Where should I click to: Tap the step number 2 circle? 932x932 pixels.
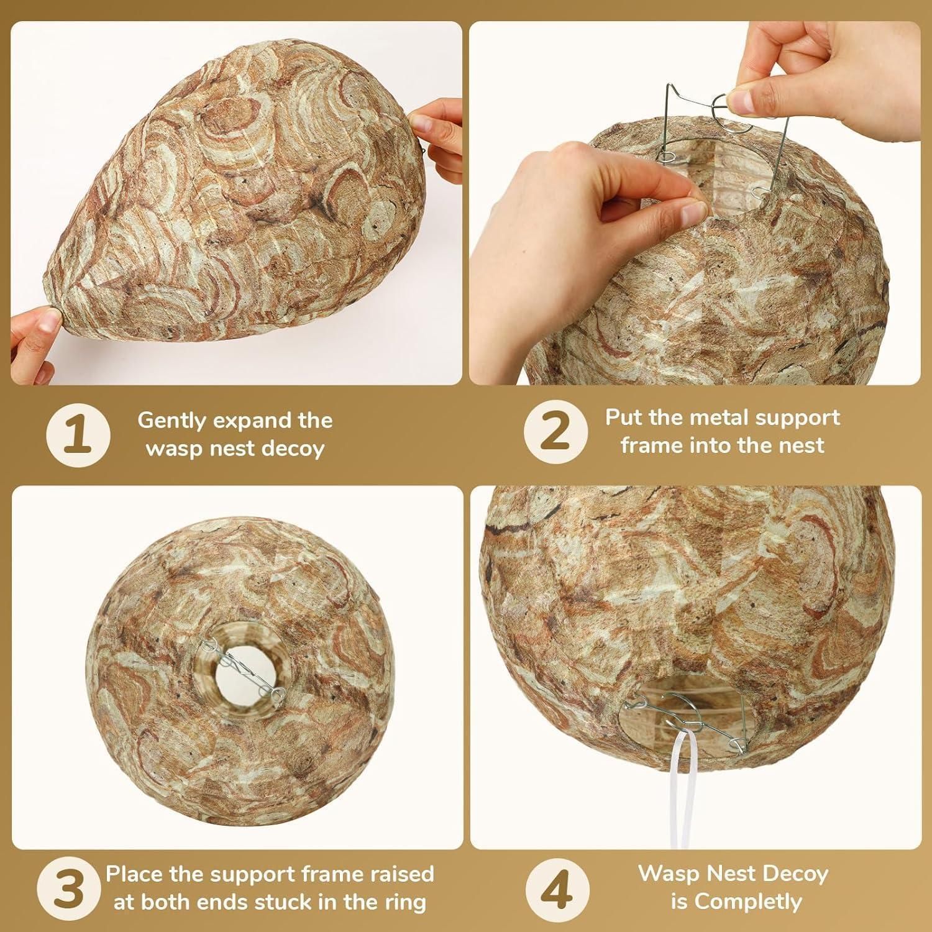(555, 431)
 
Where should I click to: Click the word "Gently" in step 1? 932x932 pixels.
(172, 421)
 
